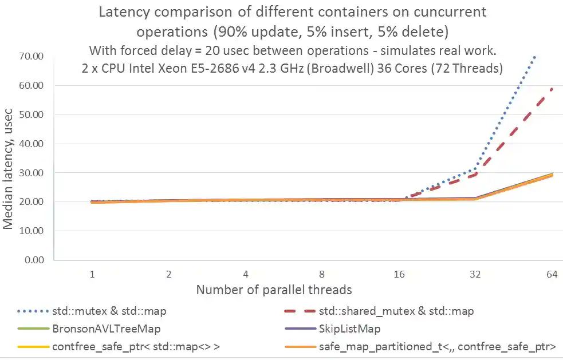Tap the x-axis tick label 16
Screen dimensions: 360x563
click(x=399, y=275)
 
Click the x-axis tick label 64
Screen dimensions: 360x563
click(x=552, y=275)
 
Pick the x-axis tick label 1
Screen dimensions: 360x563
click(x=92, y=275)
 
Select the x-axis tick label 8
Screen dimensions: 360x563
click(x=322, y=275)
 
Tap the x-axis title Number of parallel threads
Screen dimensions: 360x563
click(x=274, y=290)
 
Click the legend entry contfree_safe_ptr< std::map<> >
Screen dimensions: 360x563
click(x=127, y=346)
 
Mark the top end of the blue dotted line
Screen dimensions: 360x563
click(x=534, y=56)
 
